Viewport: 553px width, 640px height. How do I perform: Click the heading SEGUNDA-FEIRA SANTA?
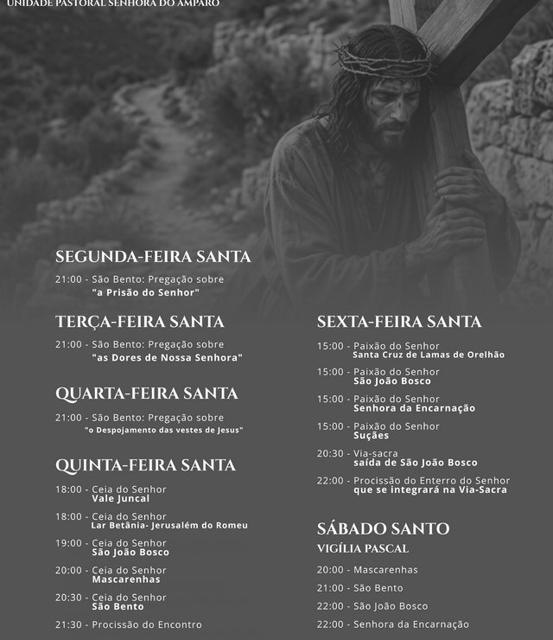[x=153, y=257]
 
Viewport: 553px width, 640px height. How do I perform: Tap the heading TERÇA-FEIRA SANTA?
[x=139, y=322]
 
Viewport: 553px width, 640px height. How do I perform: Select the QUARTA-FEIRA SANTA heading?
[x=146, y=394]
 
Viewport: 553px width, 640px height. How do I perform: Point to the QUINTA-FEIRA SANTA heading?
[x=145, y=465]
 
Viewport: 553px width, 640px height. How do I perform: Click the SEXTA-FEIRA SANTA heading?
[x=399, y=322]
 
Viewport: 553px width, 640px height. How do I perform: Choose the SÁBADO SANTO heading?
[x=383, y=528]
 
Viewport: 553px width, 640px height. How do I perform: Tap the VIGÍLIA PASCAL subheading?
[x=362, y=548]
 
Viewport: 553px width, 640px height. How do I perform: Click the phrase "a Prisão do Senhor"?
[x=151, y=292]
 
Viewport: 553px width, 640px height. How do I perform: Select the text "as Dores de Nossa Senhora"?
[x=167, y=357]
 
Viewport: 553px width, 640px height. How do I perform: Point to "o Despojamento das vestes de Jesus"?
[x=163, y=430]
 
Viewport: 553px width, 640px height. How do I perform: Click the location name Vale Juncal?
[x=120, y=498]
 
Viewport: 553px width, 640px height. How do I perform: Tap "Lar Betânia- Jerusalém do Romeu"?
[x=169, y=525]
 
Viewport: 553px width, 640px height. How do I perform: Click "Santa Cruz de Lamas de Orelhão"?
[x=429, y=355]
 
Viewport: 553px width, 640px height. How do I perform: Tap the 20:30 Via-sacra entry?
[x=358, y=453]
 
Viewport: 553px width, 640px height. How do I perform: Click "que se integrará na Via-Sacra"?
[x=429, y=490]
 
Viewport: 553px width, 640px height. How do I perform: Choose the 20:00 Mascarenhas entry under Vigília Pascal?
[x=367, y=570]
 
